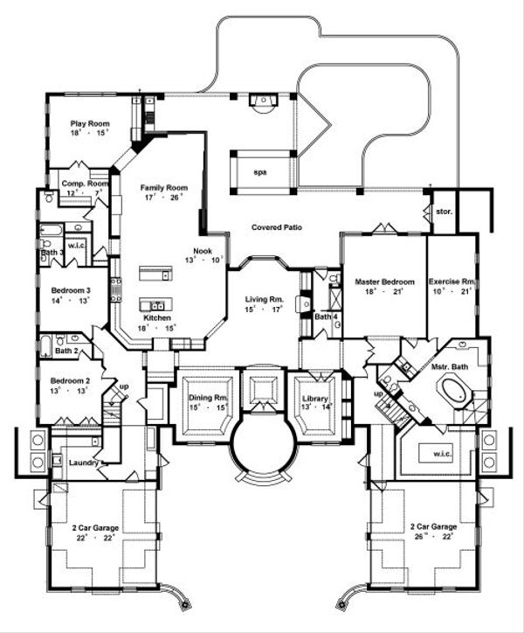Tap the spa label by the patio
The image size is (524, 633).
pos(260,172)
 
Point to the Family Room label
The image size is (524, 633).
pos(165,188)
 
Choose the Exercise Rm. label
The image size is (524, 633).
pos(452,282)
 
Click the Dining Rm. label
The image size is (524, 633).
pos(208,399)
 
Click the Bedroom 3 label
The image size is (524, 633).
pos(66,289)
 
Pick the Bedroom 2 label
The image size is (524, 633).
pos(66,381)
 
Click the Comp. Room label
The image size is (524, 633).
pos(85,184)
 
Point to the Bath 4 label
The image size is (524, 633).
pos(326,317)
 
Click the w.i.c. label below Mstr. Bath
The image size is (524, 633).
pos(432,453)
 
